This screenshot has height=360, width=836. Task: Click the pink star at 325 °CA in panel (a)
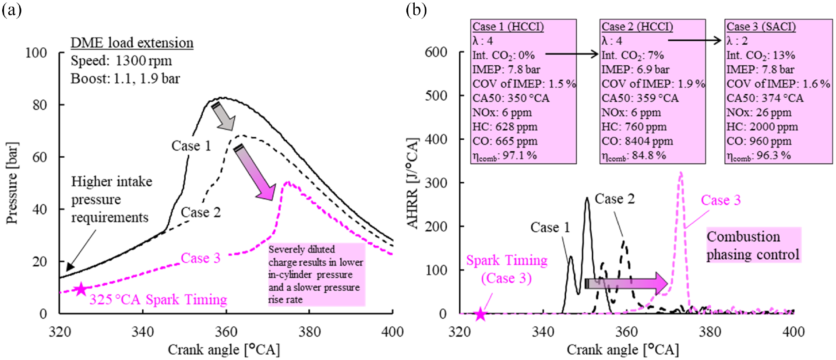(81, 289)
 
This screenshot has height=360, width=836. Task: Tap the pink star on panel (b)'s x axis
(480, 314)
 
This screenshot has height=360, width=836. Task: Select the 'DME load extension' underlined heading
(132, 43)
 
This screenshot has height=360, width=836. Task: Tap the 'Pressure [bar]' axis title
(12, 183)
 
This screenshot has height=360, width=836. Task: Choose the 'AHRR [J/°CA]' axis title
(413, 183)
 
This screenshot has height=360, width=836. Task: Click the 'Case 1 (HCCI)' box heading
(508, 27)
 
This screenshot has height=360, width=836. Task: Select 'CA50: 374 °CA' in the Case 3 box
(765, 98)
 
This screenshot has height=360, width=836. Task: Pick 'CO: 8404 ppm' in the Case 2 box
(637, 141)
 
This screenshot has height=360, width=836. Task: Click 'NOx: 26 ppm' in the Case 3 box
(759, 113)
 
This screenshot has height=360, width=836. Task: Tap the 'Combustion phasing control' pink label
(753, 245)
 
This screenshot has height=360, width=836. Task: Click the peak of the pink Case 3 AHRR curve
(681, 173)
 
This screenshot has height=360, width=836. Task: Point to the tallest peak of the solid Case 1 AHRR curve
(587, 198)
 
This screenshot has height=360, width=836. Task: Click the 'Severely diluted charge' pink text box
(316, 274)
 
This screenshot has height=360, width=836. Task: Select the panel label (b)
(416, 10)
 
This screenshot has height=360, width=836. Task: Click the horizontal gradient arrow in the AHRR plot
(626, 283)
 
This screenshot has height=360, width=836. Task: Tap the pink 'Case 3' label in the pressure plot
(201, 258)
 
